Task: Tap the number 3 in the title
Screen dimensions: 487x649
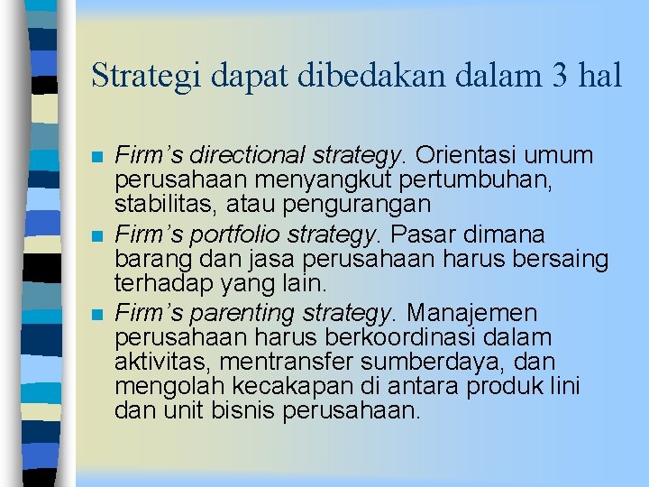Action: tap(555, 76)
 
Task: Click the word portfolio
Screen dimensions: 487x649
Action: tap(217, 235)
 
